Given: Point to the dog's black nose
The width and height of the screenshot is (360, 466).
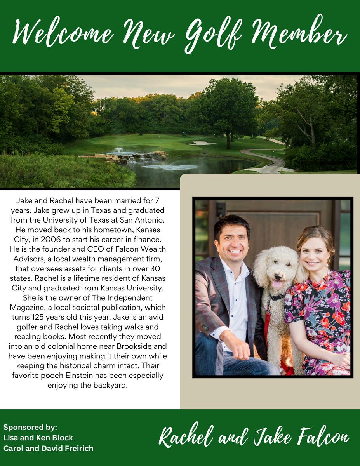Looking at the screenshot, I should [278, 275].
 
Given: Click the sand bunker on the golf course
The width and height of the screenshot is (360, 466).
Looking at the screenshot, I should [201, 143].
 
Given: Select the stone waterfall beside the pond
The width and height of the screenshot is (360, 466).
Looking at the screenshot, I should [128, 156].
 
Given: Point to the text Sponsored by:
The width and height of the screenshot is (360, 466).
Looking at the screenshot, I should [30, 427].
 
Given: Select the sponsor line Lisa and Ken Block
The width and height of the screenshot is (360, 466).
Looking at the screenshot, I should [38, 438].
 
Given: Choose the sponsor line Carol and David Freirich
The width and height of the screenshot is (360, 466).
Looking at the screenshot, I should [48, 448].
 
